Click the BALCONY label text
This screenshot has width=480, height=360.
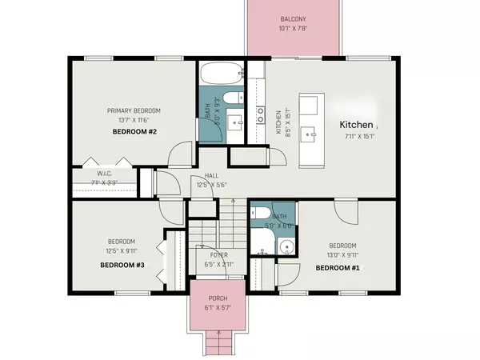(x=293, y=19)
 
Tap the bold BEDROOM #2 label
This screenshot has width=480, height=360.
(x=134, y=130)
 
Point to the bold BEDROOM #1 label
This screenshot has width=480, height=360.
(x=337, y=268)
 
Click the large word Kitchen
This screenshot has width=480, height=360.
(x=356, y=125)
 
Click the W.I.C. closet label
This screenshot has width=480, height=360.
(x=104, y=173)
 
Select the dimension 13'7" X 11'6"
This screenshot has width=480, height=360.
(x=134, y=120)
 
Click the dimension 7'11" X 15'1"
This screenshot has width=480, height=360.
(x=356, y=138)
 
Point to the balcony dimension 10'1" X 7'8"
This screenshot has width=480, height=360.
(x=293, y=29)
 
